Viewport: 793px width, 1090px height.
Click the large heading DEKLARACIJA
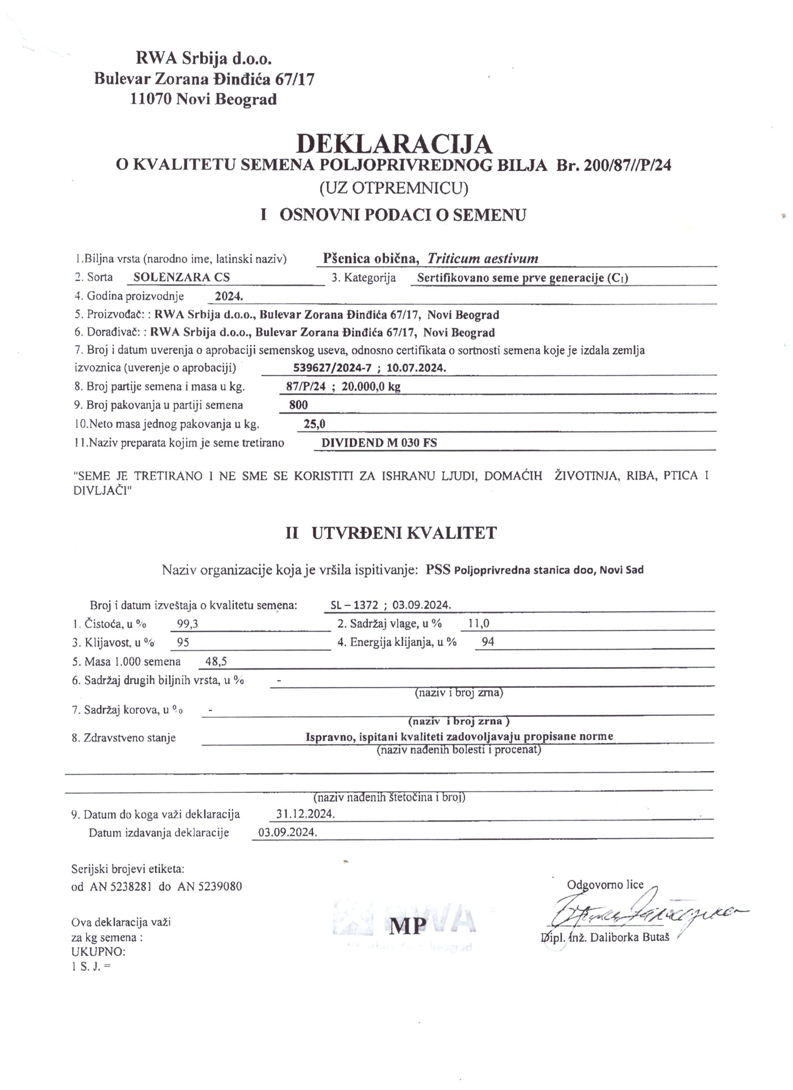click(394, 143)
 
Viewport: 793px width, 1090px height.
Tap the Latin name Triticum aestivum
click(483, 258)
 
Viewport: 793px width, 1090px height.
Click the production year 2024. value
click(228, 296)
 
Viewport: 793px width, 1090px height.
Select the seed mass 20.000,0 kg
click(371, 387)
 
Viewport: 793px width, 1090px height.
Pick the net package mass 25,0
click(314, 424)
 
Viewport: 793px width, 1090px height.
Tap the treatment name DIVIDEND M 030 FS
click(379, 443)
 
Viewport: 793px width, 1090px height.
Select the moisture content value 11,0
click(479, 624)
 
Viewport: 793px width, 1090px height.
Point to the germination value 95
click(183, 642)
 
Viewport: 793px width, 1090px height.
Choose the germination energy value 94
click(487, 642)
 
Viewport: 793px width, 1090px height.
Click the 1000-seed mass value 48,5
click(216, 661)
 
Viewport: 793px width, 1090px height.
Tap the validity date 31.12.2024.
click(306, 814)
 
